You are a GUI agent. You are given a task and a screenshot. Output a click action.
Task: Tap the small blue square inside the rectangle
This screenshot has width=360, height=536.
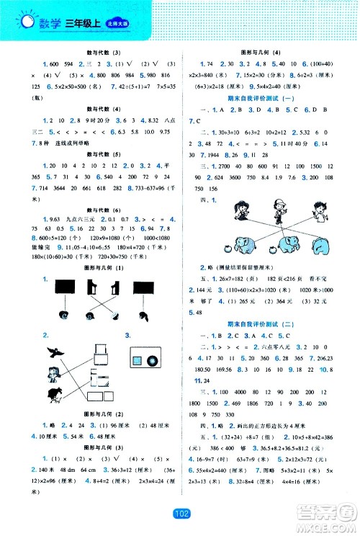click(138, 360)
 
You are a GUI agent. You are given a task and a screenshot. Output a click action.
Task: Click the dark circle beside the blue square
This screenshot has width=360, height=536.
click(153, 361)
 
